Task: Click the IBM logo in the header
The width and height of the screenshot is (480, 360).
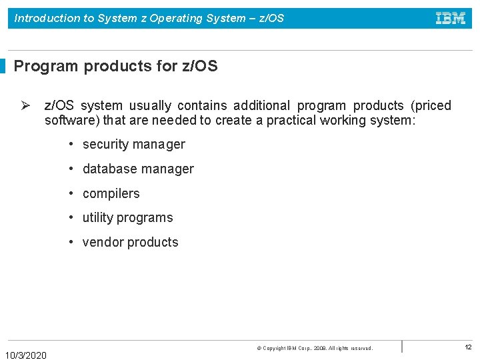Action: coord(451,19)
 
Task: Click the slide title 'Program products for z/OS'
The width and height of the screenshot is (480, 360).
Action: coord(115,66)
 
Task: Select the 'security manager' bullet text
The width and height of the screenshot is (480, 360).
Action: coord(133,144)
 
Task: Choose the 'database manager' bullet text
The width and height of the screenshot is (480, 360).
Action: coord(138,169)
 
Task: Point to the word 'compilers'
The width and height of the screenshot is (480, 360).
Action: coord(111,193)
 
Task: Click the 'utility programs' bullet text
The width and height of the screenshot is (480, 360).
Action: coord(127,217)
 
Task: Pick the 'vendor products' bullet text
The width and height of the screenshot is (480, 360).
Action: coord(130,242)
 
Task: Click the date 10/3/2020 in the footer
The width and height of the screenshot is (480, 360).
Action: coord(26,355)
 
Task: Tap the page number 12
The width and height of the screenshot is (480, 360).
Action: coord(468,347)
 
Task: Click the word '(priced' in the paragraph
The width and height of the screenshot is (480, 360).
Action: coord(431,105)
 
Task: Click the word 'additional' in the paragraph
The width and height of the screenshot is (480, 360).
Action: coord(261,105)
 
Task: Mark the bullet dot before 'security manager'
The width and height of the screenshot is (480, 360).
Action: coord(71,145)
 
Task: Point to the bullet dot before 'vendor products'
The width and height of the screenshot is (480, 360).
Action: coord(71,242)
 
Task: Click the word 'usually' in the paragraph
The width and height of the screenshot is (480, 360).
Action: coord(150,105)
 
